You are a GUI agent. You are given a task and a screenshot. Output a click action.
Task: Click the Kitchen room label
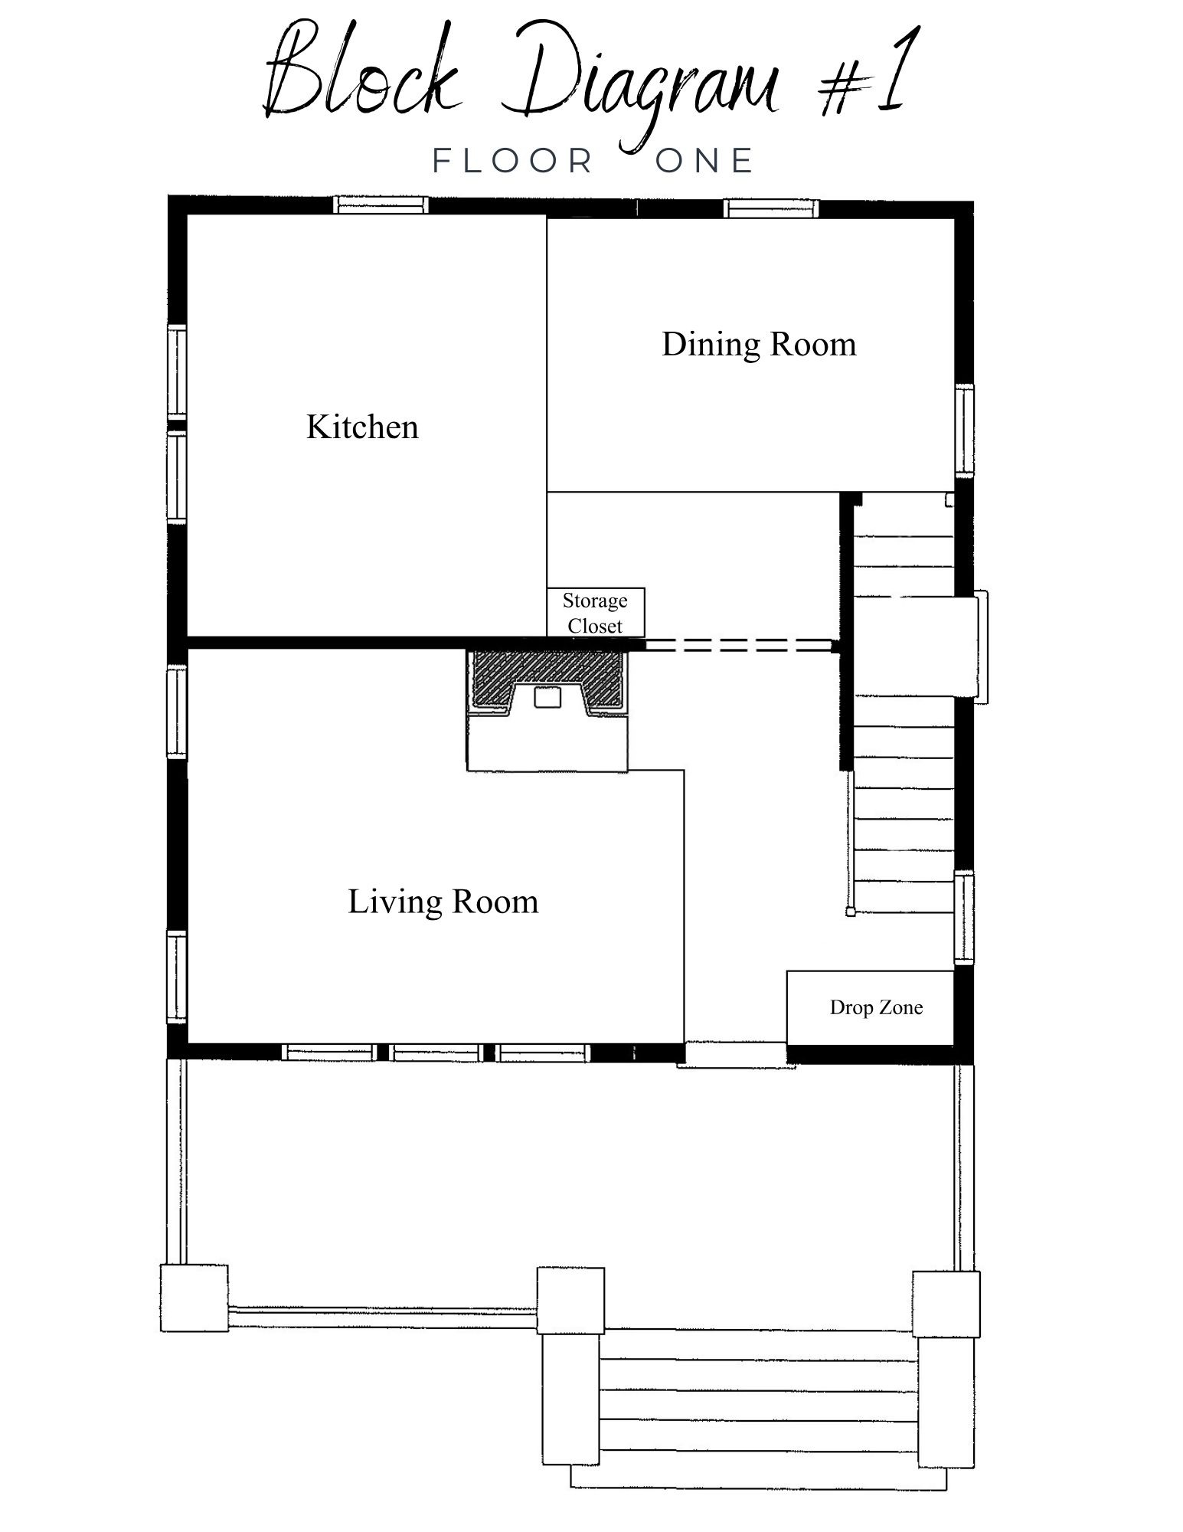coord(362,427)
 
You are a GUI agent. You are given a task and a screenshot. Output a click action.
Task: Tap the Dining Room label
coord(759,344)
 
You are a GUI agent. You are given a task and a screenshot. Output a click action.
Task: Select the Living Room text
coord(443,902)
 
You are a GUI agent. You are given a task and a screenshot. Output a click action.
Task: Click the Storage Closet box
coord(596,612)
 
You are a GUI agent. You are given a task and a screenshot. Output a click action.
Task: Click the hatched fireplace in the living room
coord(547,683)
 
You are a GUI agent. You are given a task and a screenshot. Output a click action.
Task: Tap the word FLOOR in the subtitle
coord(513,161)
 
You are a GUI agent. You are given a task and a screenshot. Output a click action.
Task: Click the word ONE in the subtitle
coord(705,161)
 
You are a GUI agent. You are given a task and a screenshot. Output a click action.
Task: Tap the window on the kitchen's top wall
coord(381,205)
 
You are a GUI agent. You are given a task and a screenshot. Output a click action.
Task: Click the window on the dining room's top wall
coord(772,208)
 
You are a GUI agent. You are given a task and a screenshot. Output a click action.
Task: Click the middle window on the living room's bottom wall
coord(436,1053)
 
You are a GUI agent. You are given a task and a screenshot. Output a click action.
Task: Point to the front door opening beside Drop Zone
coord(735,1055)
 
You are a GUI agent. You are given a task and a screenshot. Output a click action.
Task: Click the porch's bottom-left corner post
coord(194,1298)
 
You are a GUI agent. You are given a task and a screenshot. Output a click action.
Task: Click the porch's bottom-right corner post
coord(946,1304)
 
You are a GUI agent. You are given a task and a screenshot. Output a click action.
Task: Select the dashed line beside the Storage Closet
coord(739,645)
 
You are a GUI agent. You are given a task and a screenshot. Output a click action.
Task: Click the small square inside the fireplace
coord(547,697)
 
